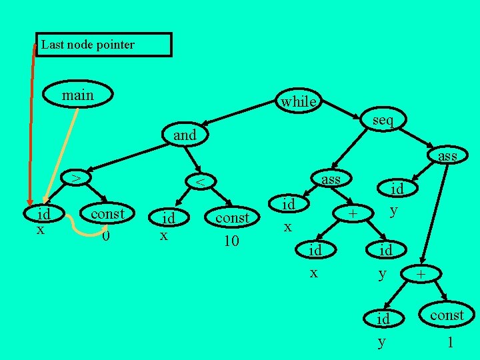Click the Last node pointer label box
(103, 45)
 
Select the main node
(77, 96)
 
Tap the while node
(298, 101)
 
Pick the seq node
(383, 120)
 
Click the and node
(185, 135)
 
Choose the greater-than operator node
(76, 178)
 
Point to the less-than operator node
(198, 181)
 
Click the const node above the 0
(107, 214)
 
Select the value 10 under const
(231, 241)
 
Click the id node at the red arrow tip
(44, 215)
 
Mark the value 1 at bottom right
(451, 343)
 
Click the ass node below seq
(447, 156)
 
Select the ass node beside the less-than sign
(331, 179)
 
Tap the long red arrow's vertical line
(31, 120)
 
